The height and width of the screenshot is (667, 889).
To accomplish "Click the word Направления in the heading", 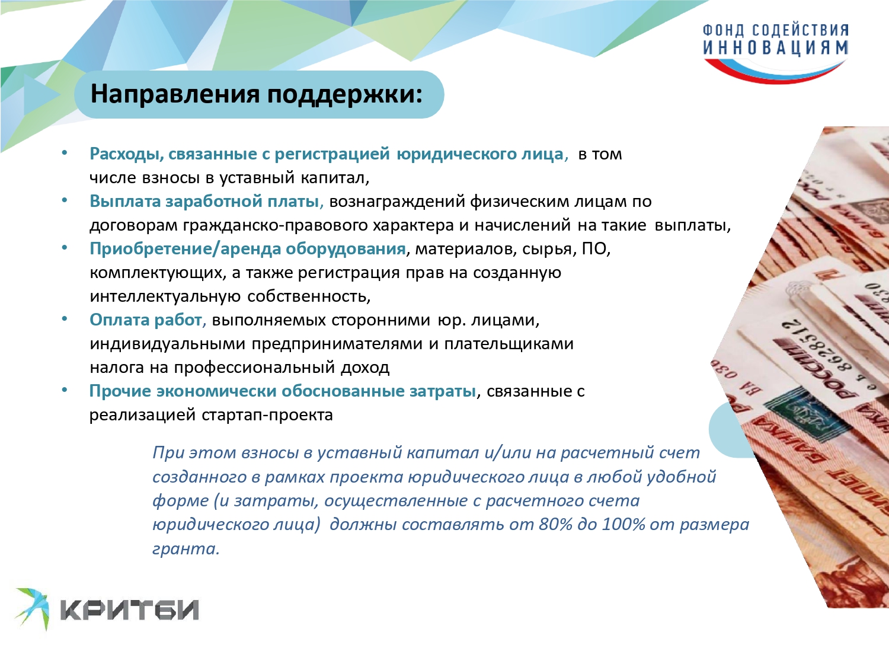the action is tap(175, 94).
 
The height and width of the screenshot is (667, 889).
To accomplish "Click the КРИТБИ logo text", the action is tap(130, 610).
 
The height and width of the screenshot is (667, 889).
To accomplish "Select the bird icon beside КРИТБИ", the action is tap(33, 608).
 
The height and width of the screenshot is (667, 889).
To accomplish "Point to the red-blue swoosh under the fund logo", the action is tap(775, 72).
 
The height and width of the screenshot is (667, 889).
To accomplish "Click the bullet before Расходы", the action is tap(65, 153).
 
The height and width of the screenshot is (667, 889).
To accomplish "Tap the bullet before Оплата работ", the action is tap(65, 319).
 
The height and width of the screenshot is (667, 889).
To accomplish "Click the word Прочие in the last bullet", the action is tap(120, 391).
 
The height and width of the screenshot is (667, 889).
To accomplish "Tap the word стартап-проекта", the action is tap(267, 415).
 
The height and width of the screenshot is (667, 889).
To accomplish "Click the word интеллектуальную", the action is tap(165, 296).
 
